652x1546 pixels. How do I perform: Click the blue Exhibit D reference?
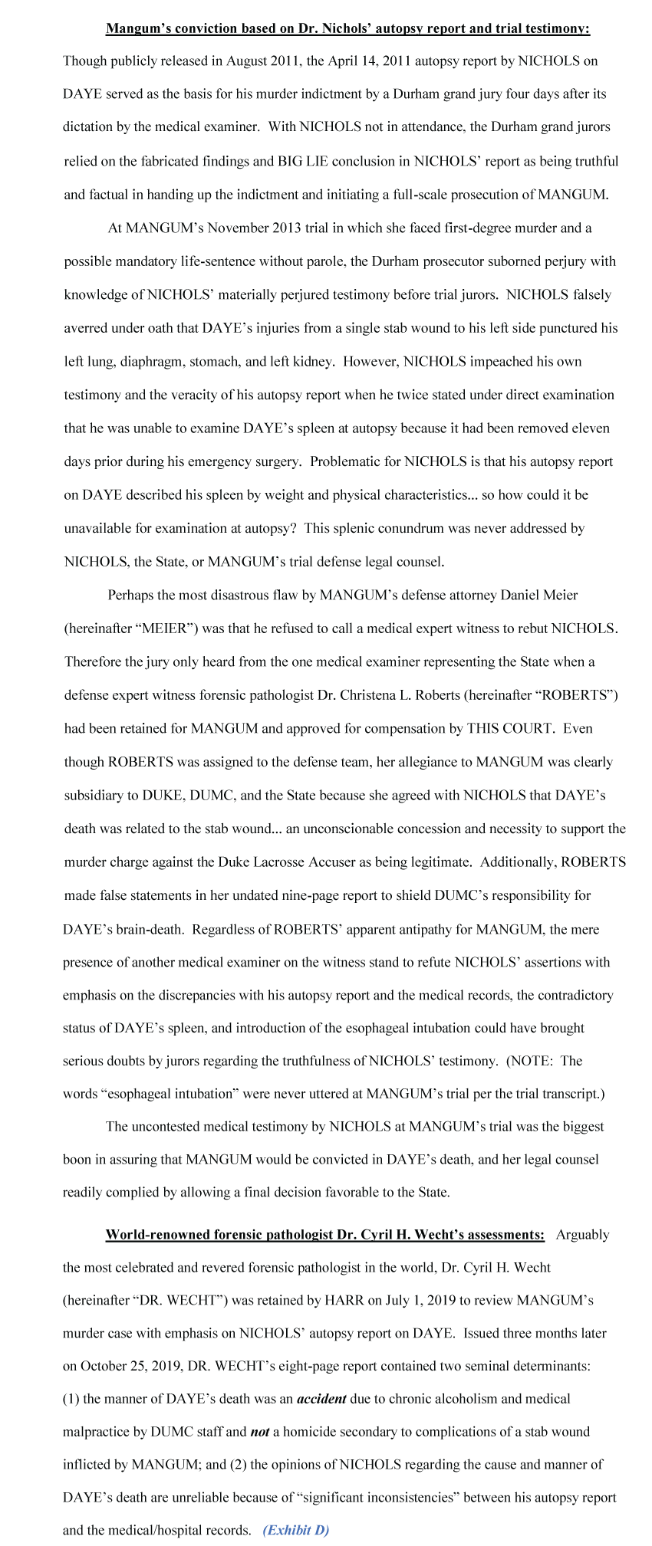(x=295, y=1530)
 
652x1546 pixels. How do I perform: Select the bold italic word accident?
(x=321, y=1398)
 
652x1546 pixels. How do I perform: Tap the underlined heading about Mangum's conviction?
(x=347, y=28)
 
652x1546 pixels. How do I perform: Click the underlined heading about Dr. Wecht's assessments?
(x=325, y=1234)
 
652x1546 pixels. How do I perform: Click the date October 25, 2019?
(x=130, y=1365)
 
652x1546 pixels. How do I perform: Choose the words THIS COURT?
(x=510, y=727)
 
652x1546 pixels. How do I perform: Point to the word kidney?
(x=314, y=361)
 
